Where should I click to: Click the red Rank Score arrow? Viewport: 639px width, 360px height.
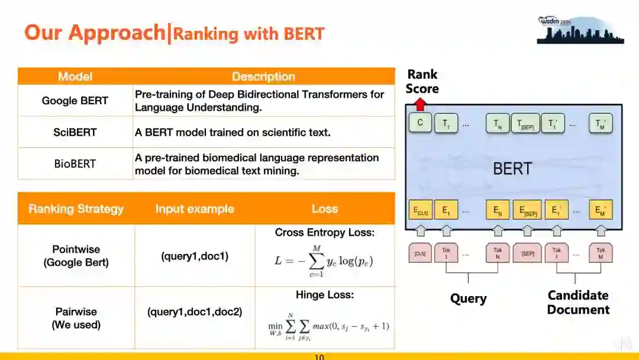click(x=420, y=105)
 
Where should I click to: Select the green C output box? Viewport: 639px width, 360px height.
click(x=420, y=124)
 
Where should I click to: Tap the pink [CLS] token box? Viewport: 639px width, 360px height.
click(x=420, y=253)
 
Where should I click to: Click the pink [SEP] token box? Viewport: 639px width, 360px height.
click(x=528, y=253)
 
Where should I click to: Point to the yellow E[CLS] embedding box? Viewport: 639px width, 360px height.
click(x=420, y=210)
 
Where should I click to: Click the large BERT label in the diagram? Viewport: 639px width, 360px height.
click(x=512, y=169)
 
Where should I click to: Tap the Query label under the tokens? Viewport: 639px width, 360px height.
click(x=468, y=298)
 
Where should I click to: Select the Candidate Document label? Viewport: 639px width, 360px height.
click(x=578, y=302)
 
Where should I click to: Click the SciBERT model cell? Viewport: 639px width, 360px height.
click(x=75, y=132)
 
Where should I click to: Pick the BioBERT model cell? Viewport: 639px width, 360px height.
click(x=75, y=163)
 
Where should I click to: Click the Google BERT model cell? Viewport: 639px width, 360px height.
click(x=75, y=101)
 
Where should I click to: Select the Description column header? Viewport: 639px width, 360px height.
click(x=263, y=76)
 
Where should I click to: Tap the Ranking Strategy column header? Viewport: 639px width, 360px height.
click(x=76, y=208)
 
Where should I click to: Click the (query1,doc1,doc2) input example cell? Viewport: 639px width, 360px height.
click(x=195, y=311)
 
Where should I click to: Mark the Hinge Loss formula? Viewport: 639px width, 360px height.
click(x=328, y=326)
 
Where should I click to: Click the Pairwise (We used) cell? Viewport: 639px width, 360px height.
click(x=76, y=318)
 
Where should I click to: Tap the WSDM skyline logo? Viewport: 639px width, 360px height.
click(x=580, y=30)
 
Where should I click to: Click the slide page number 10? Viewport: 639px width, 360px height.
click(x=319, y=357)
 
